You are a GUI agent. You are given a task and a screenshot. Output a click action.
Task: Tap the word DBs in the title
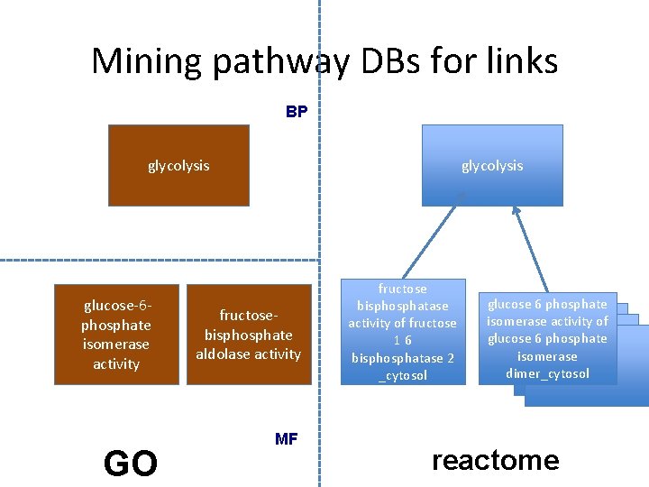tap(397, 61)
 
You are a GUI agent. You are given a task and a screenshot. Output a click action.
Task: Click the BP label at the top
tap(297, 113)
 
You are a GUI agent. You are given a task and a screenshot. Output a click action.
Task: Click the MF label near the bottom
tap(286, 439)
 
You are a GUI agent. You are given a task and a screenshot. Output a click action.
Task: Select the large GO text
tap(131, 463)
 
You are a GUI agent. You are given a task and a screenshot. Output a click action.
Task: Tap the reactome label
tap(495, 460)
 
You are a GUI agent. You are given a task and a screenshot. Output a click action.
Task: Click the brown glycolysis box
tap(178, 166)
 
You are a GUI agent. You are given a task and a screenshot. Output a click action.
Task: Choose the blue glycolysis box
tap(491, 166)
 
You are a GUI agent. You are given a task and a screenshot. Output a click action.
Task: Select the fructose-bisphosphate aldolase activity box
tap(248, 335)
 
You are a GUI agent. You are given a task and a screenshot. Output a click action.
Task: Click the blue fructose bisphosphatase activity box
tap(403, 332)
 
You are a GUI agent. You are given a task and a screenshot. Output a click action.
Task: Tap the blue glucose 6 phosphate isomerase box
tap(547, 338)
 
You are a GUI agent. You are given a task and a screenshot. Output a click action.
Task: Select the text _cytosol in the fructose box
tap(403, 375)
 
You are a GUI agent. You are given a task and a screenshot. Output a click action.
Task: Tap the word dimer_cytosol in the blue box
tap(547, 373)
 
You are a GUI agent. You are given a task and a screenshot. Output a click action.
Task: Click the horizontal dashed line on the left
tap(158, 261)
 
